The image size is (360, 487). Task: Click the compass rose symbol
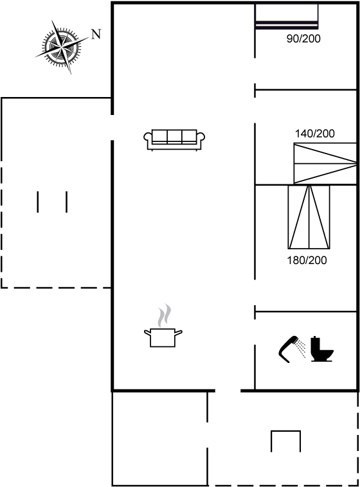tap(62, 47)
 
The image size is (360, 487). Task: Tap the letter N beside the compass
tap(96, 34)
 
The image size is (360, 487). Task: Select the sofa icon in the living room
tap(174, 140)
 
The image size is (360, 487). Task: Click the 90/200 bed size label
tap(303, 39)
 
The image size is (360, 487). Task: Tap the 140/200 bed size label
tap(314, 134)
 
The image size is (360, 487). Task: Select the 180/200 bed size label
tap(307, 260)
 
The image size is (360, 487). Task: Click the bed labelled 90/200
tap(287, 16)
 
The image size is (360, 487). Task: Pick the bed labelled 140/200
tap(325, 163)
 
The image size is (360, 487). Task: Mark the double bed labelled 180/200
tap(309, 217)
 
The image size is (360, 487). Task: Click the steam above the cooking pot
tap(165, 315)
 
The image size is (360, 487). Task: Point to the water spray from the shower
tap(301, 348)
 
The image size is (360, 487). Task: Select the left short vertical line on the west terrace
tap(38, 202)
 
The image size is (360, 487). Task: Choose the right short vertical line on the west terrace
tap(66, 202)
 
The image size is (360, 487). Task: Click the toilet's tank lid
tap(316, 337)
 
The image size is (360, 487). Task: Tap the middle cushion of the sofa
tap(174, 136)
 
